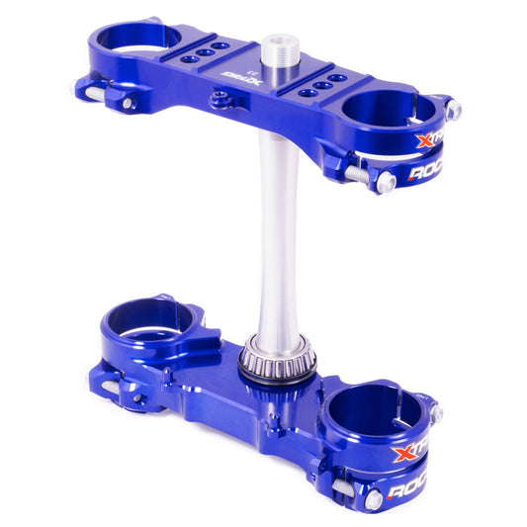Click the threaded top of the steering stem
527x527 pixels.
pos(277,49)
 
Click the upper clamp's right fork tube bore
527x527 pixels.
pos(388,110)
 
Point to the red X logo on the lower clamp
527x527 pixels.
pos(404,453)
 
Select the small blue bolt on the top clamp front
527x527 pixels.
pos(220,98)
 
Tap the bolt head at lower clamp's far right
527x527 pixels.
pos(436,413)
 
